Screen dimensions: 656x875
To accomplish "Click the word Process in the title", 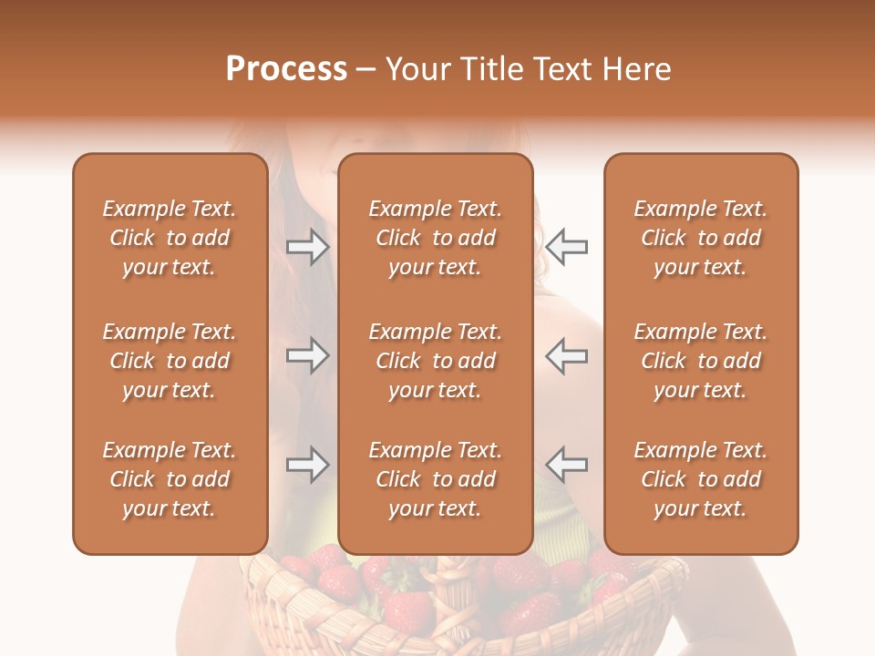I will pyautogui.click(x=286, y=69).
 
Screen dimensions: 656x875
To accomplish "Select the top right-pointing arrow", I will pyautogui.click(x=307, y=247).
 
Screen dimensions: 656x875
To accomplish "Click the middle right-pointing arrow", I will pyautogui.click(x=307, y=355).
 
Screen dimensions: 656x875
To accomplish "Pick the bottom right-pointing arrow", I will pyautogui.click(x=307, y=465).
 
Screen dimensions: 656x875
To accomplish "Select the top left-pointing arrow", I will pyautogui.click(x=566, y=247).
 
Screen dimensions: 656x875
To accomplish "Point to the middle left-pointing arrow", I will pyautogui.click(x=566, y=355).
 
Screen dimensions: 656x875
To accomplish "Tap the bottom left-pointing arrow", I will pyautogui.click(x=566, y=465).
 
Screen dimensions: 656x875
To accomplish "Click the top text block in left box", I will pyautogui.click(x=170, y=238).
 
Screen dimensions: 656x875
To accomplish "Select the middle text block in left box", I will pyautogui.click(x=170, y=361).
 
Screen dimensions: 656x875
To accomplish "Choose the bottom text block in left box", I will pyautogui.click(x=170, y=479).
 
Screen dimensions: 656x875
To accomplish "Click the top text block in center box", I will pyautogui.click(x=435, y=238).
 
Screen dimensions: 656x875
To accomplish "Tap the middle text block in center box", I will pyautogui.click(x=435, y=361).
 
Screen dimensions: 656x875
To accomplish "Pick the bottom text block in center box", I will pyautogui.click(x=435, y=479).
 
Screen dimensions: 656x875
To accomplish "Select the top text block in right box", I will pyautogui.click(x=700, y=238).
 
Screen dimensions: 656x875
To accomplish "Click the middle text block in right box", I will pyautogui.click(x=700, y=361).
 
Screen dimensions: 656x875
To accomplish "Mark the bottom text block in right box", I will pyautogui.click(x=700, y=479).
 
